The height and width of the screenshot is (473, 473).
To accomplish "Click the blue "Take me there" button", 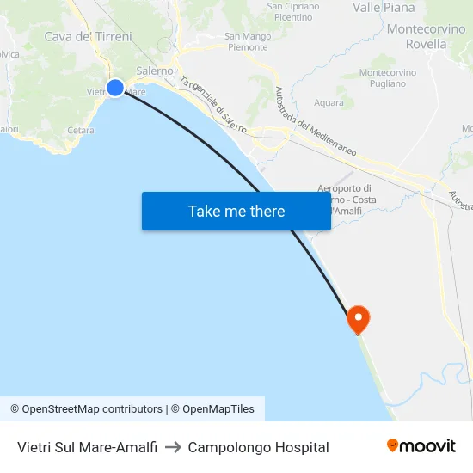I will (x=236, y=211).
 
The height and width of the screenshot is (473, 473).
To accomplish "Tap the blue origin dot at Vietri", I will (x=115, y=87).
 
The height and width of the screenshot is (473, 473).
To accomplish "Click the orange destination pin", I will (x=358, y=320).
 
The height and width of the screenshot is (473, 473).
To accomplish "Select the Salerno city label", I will (x=155, y=71).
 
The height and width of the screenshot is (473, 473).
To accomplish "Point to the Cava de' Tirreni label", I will (x=89, y=37).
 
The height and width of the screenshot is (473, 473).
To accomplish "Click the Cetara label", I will (x=80, y=130).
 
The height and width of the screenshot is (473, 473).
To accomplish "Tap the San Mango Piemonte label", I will (x=248, y=41).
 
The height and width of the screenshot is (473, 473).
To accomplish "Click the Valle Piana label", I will (x=384, y=8).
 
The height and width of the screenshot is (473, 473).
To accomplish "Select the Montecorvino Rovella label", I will (x=427, y=36).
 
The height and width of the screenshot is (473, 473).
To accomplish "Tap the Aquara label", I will (x=329, y=102).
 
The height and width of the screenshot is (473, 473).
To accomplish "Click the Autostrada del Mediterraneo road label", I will (x=315, y=121).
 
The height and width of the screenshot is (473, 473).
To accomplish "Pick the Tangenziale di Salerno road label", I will (x=212, y=106).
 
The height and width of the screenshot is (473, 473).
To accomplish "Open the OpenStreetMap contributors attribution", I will (x=87, y=409).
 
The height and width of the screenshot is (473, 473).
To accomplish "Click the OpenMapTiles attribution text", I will (x=218, y=409).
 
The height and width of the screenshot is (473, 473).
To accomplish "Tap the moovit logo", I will (x=421, y=445).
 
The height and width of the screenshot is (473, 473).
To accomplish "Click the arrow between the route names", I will (x=172, y=447).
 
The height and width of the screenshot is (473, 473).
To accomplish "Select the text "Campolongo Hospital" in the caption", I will (x=258, y=447).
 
